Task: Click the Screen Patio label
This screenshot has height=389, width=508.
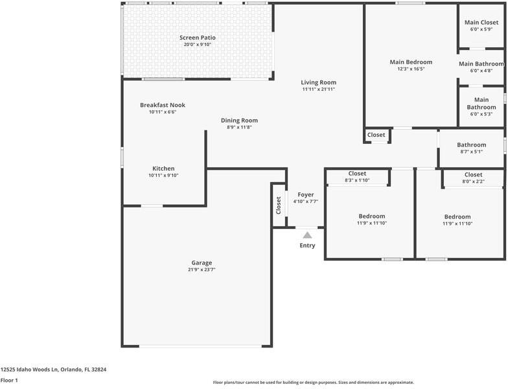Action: (x=198, y=38)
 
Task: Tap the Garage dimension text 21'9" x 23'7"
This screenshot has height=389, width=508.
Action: (x=202, y=270)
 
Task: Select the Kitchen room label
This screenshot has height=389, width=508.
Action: (x=163, y=169)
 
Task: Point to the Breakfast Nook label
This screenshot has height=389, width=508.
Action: (x=163, y=105)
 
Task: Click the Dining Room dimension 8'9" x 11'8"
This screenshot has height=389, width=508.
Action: (x=240, y=128)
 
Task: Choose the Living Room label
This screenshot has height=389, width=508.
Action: (x=319, y=82)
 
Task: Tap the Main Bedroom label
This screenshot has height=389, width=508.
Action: (x=411, y=62)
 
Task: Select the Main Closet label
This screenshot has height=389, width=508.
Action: (x=481, y=23)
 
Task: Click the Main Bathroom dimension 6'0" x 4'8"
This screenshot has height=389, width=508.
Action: (x=481, y=71)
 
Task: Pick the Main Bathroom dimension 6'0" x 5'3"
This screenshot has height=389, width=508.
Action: (x=481, y=114)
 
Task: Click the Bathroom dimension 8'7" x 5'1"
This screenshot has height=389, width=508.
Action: (x=471, y=152)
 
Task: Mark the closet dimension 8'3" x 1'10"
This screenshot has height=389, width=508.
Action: (x=357, y=180)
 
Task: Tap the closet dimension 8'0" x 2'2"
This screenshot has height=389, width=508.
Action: (x=473, y=182)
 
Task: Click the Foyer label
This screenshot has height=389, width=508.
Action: (x=306, y=194)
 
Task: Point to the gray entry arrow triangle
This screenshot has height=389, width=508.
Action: (x=307, y=235)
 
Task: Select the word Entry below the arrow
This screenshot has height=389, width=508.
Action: (x=307, y=246)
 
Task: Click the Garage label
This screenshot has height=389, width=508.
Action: (x=202, y=263)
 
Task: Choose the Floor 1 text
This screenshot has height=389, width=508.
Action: (x=9, y=381)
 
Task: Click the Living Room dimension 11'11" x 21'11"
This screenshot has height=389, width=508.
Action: (x=319, y=89)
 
